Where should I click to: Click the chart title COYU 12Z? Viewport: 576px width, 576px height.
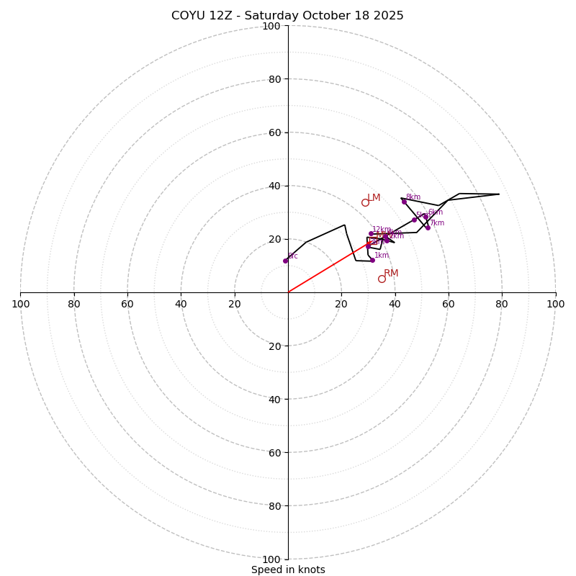pyautogui.click(x=287, y=16)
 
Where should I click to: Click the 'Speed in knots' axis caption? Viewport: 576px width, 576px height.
pyautogui.click(x=288, y=570)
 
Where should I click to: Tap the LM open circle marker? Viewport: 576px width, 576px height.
pyautogui.click(x=365, y=202)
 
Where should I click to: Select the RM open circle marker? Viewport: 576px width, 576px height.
pyautogui.click(x=382, y=279)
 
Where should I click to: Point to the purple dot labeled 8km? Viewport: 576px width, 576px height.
pyautogui.click(x=404, y=202)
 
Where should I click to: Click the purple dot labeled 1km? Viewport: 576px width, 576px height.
pyautogui.click(x=372, y=260)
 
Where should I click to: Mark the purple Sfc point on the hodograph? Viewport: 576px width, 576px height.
pyautogui.click(x=285, y=261)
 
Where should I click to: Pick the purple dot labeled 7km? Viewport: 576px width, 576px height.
pyautogui.click(x=428, y=228)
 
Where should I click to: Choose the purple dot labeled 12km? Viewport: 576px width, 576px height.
pyautogui.click(x=371, y=233)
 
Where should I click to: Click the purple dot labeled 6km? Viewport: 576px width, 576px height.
pyautogui.click(x=426, y=217)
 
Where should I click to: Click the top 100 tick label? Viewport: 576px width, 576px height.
pyautogui.click(x=271, y=26)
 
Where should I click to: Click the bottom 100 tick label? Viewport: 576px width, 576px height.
pyautogui.click(x=271, y=559)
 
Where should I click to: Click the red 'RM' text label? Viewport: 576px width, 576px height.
pyautogui.click(x=391, y=274)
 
